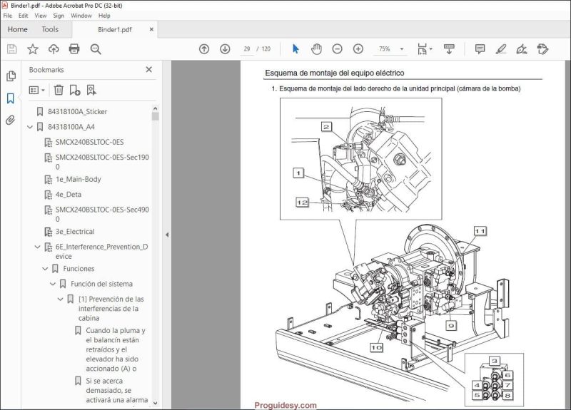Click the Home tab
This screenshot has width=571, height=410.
tap(18, 29)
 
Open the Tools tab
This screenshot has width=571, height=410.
tap(50, 29)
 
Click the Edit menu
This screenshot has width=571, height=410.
tap(24, 15)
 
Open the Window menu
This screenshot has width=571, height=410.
tap(81, 15)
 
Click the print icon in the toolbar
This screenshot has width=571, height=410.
tap(74, 49)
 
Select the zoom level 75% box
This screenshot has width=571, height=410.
tap(385, 49)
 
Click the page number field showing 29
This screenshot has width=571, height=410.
tap(247, 49)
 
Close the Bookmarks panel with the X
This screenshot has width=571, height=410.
tap(148, 70)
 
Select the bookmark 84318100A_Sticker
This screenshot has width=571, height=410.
tap(77, 112)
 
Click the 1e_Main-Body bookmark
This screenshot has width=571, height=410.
tap(78, 179)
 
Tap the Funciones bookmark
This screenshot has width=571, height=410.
tap(79, 269)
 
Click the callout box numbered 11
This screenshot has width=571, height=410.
tap(480, 231)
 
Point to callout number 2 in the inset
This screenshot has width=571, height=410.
tap(326, 127)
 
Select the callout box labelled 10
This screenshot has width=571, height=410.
tap(376, 347)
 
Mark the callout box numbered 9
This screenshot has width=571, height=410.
tap(450, 325)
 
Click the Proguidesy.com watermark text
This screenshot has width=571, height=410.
tap(285, 404)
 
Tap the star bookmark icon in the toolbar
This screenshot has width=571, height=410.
tap(33, 49)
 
